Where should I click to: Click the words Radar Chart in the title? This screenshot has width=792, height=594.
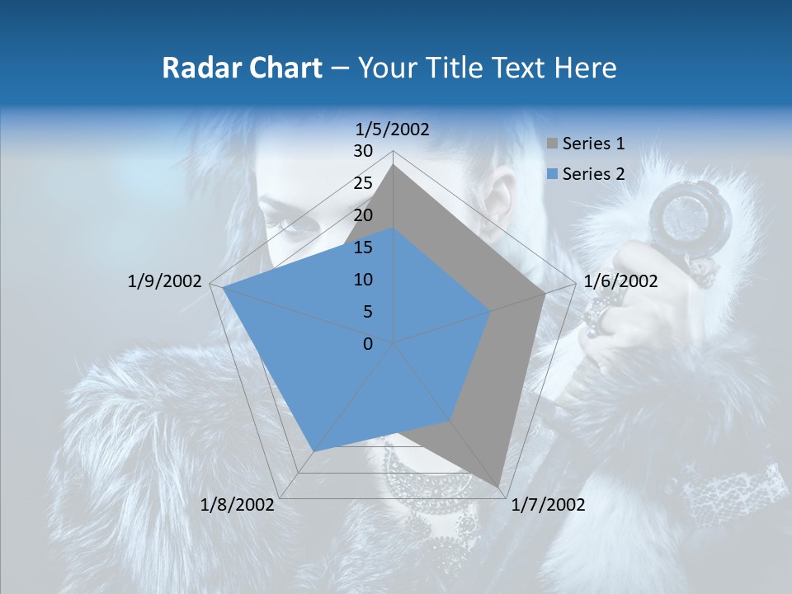coord(242,68)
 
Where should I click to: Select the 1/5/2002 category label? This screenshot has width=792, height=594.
coord(393,129)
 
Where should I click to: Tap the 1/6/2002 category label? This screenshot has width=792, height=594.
coord(620,281)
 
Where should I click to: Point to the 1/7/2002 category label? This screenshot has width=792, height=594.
coord(548,505)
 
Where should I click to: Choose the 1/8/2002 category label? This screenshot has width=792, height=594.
coord(238,505)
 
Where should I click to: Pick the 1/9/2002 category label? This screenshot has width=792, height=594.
coord(165,281)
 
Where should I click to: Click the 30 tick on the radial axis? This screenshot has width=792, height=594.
coord(363,151)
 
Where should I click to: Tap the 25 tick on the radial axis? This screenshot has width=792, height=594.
coord(363,183)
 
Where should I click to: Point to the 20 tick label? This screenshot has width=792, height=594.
coord(363,215)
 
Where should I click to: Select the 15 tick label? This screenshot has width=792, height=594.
coord(363,247)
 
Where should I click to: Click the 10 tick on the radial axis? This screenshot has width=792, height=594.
coord(363,280)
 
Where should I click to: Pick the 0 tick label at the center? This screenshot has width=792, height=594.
coord(368,344)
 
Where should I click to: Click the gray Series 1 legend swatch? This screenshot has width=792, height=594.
coord(552,144)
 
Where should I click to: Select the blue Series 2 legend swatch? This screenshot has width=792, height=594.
coord(552,174)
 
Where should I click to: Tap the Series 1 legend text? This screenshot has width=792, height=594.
coord(593,144)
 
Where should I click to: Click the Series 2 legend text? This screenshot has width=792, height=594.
coord(593,174)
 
